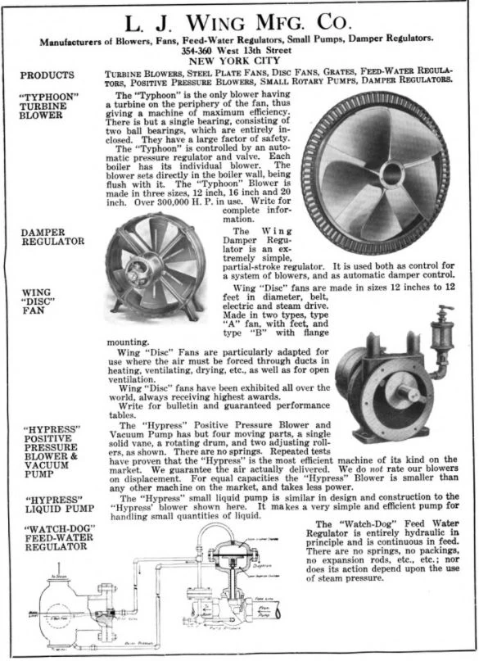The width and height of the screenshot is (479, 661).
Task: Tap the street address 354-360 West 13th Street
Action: (239, 49)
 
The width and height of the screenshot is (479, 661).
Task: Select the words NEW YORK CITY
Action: (238, 60)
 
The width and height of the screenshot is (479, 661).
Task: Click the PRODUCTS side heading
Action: (47, 75)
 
